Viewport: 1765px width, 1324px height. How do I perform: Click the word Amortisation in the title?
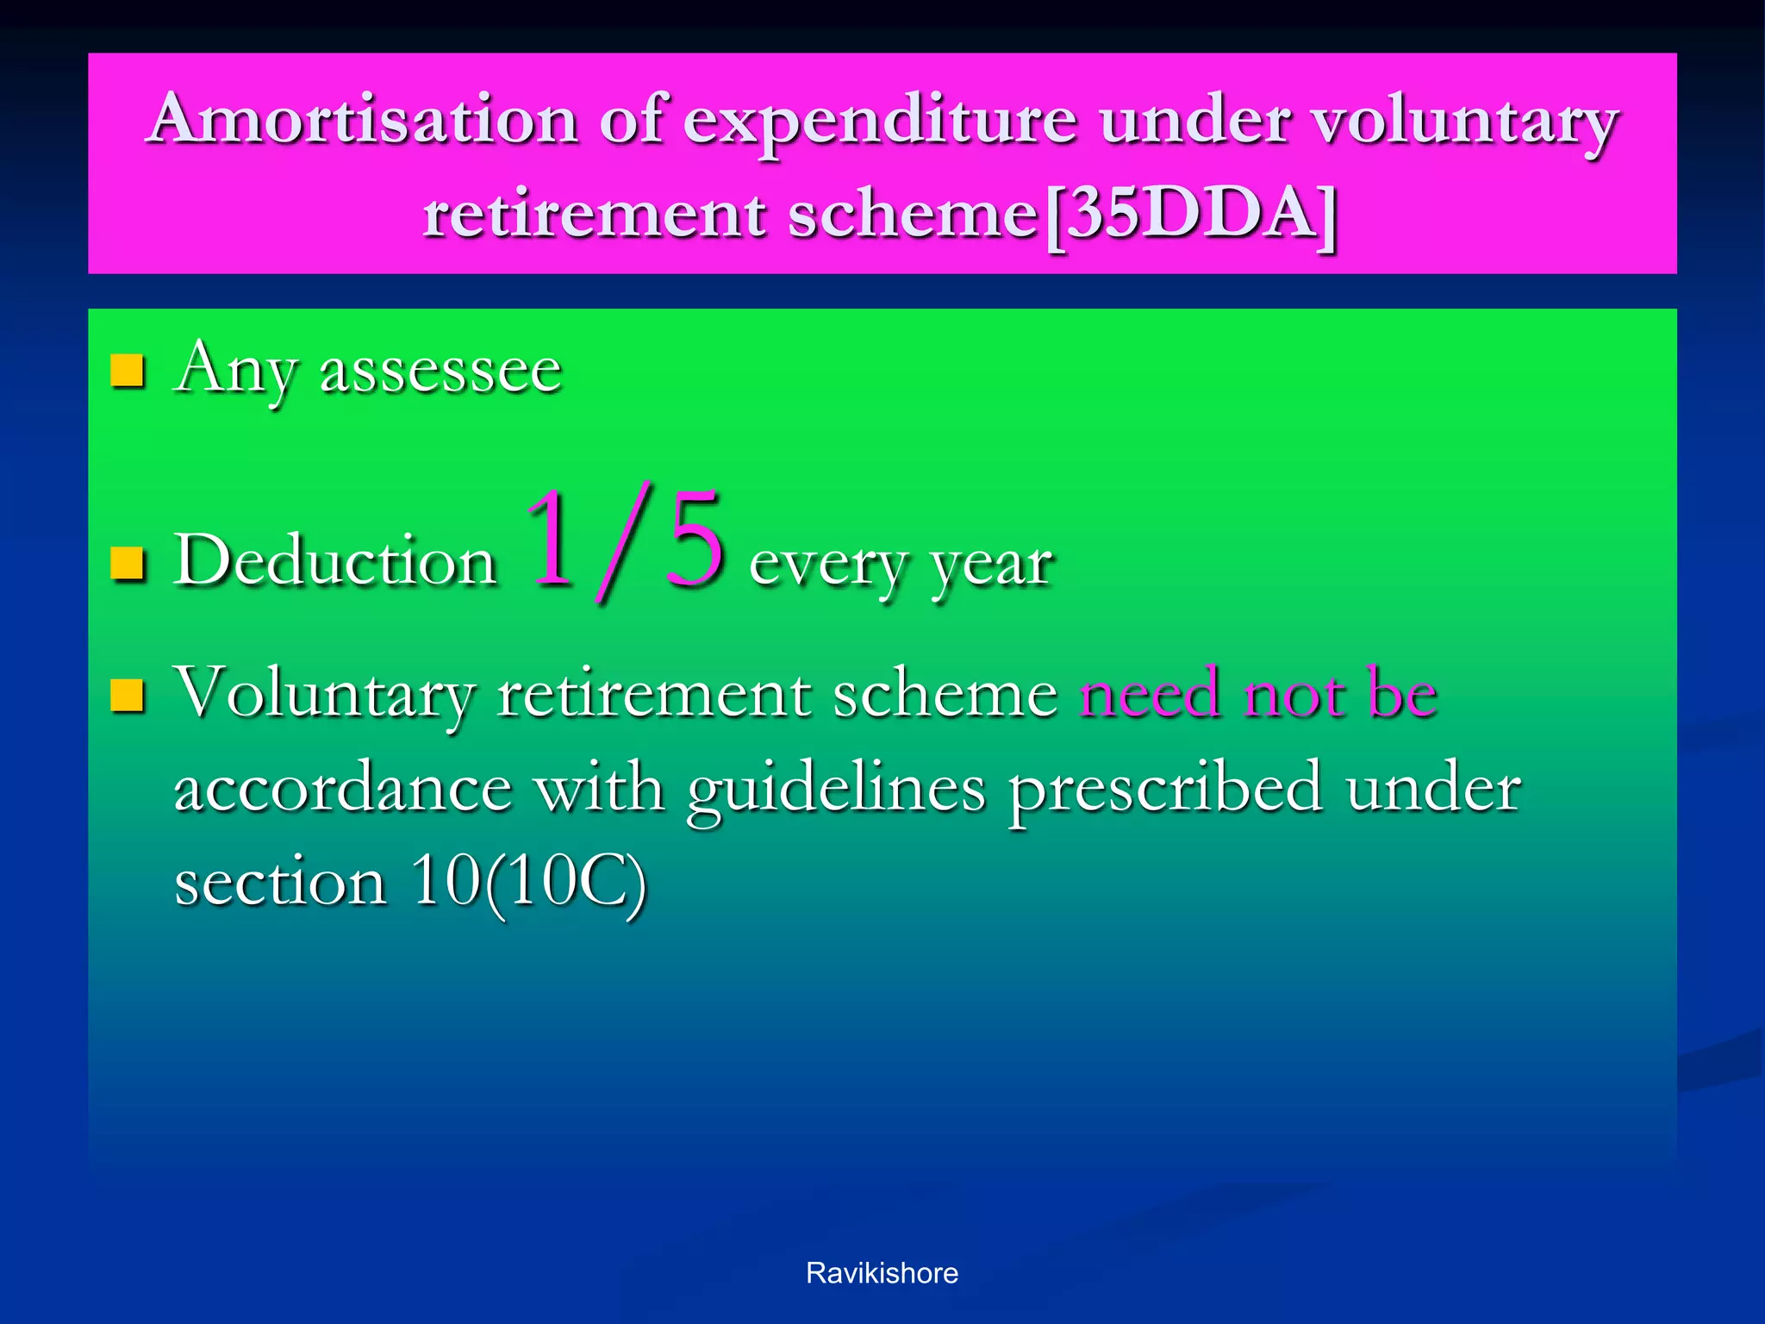click(362, 119)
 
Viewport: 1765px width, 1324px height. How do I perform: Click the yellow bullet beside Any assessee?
click(128, 372)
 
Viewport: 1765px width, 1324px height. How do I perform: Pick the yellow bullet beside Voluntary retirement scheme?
click(128, 696)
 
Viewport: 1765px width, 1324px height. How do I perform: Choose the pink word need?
click(1150, 693)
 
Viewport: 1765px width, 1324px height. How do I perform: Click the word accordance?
click(343, 789)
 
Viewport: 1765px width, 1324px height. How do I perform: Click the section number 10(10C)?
click(528, 883)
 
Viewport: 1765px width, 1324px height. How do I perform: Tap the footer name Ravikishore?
click(882, 1273)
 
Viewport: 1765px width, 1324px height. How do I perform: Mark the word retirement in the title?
click(594, 215)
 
